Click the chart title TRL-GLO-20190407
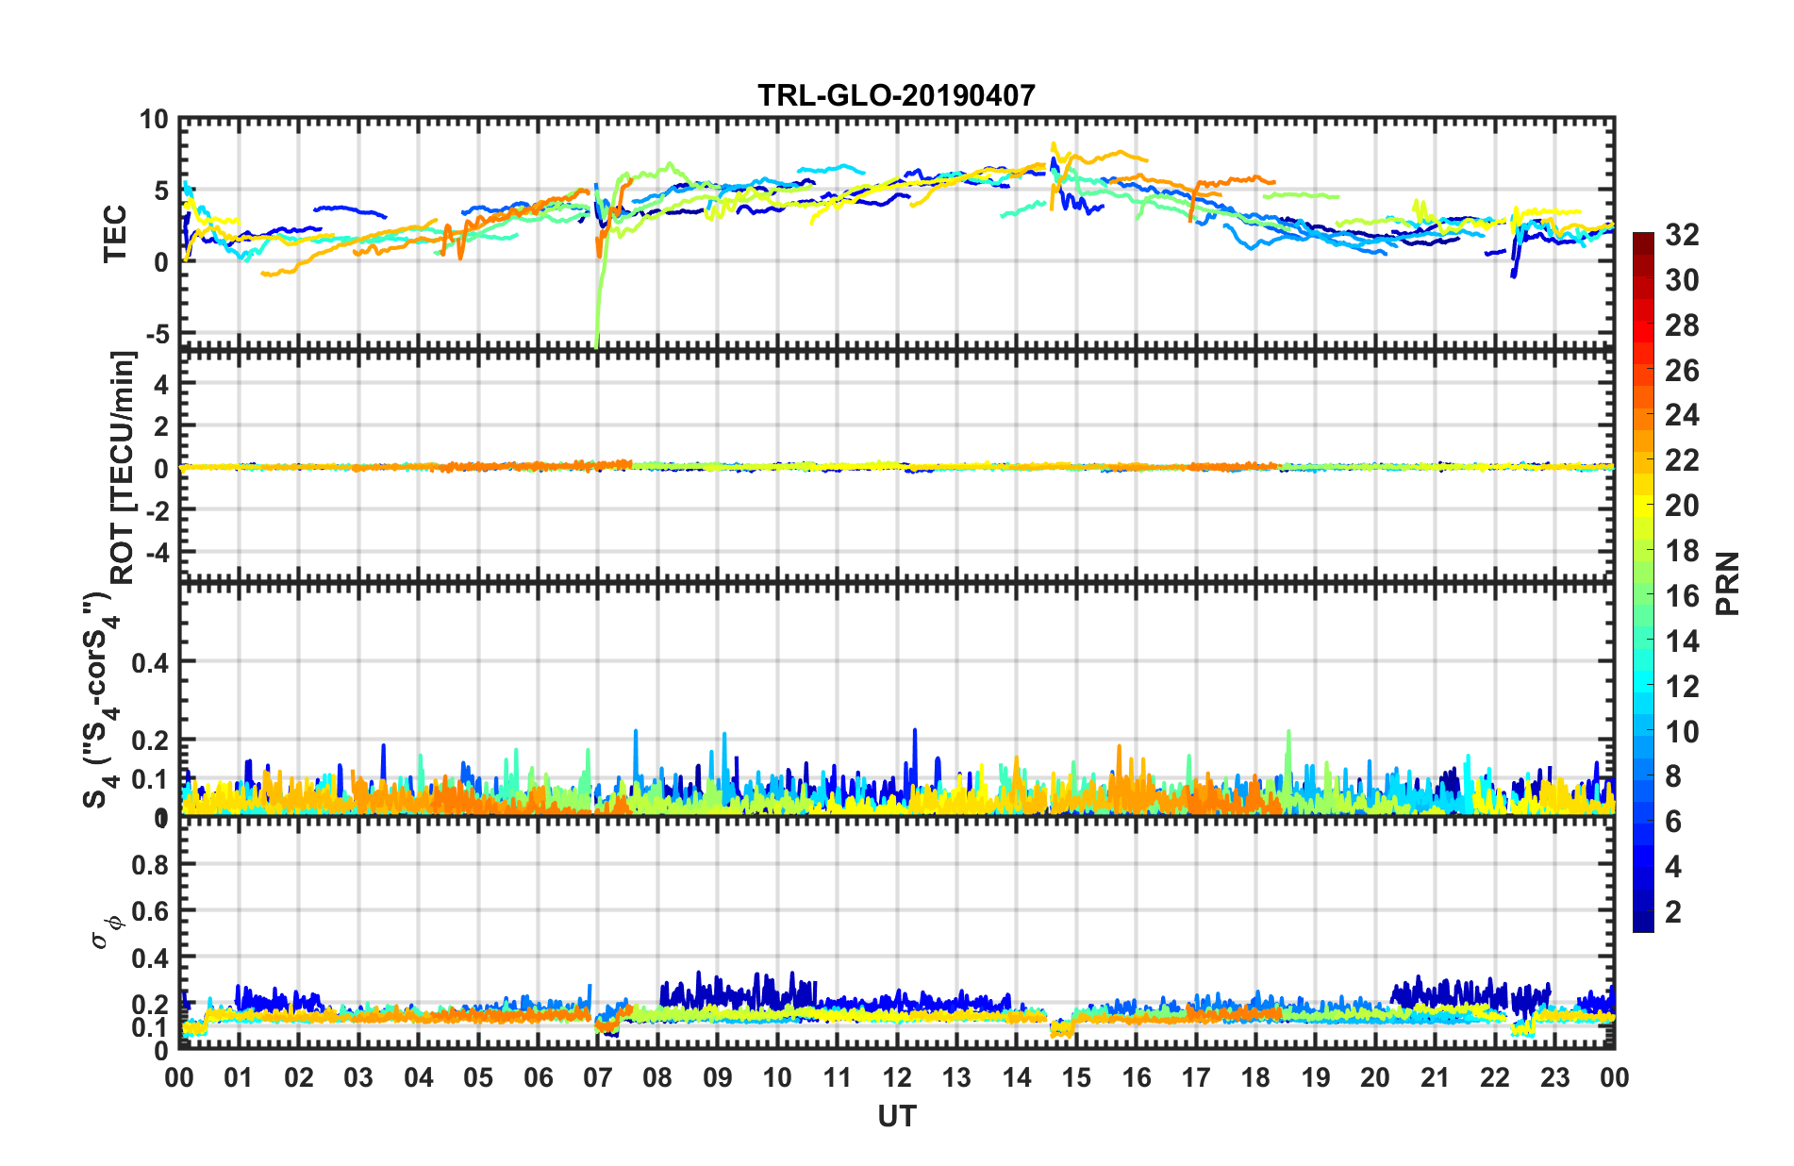tap(896, 95)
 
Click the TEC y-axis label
tap(115, 234)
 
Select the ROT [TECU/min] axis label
tap(124, 467)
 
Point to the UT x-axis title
tap(896, 1117)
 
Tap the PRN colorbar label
tap(1728, 583)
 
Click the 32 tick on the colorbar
tap(1682, 235)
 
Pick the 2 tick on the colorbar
tap(1673, 911)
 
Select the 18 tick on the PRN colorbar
tap(1682, 551)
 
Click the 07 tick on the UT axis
tap(598, 1077)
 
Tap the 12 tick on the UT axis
tap(897, 1077)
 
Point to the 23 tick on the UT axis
tap(1555, 1077)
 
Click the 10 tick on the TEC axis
tap(154, 120)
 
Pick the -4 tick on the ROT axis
tap(156, 550)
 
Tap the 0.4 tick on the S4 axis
tap(150, 662)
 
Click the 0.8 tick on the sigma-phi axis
tap(150, 864)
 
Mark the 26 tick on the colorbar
tap(1682, 371)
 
